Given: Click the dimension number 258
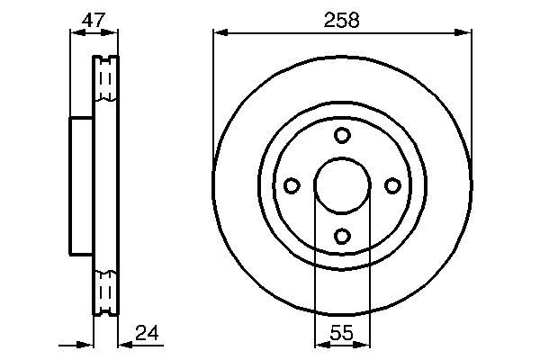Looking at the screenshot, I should click(342, 19).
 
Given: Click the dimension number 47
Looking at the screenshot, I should click(94, 19).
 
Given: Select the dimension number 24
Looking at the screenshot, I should click(147, 334).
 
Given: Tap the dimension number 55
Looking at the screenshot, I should click(342, 334).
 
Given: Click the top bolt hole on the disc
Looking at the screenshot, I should click(342, 135).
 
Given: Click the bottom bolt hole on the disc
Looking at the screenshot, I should click(342, 236).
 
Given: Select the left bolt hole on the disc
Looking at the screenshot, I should click(292, 185).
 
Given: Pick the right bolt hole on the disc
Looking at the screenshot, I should click(392, 185).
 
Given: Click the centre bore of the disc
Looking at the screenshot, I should click(342, 185).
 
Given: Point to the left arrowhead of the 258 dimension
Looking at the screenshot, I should click(220, 34).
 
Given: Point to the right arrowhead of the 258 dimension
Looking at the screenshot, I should click(465, 34).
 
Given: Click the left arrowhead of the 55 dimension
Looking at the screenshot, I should click(320, 345).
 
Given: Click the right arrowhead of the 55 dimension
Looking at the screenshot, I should click(364, 345).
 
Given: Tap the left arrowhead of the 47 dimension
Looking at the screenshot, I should click(75, 34).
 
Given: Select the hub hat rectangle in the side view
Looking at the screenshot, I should click(82, 185).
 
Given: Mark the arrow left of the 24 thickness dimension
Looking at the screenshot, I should click(86, 345).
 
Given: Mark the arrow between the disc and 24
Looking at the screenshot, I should click(125, 345).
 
